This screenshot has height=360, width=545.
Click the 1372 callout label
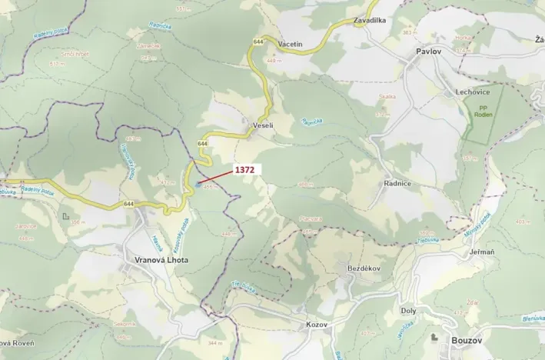[x=244, y=169]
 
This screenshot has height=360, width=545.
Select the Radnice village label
[x=397, y=184]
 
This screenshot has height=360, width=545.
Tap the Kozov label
[x=316, y=324]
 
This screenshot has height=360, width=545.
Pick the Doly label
[x=408, y=311]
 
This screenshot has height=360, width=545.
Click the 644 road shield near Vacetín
[x=257, y=41]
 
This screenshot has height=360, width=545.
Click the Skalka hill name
[x=387, y=97]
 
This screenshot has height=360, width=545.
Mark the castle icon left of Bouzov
[x=435, y=338]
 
